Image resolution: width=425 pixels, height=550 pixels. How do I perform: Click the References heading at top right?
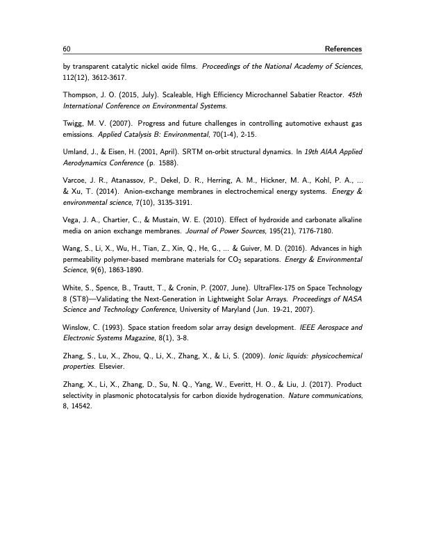[x=338, y=49]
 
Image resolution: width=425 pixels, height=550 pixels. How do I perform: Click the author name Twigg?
[x=73, y=123]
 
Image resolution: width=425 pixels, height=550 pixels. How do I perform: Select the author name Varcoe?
[x=74, y=179]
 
